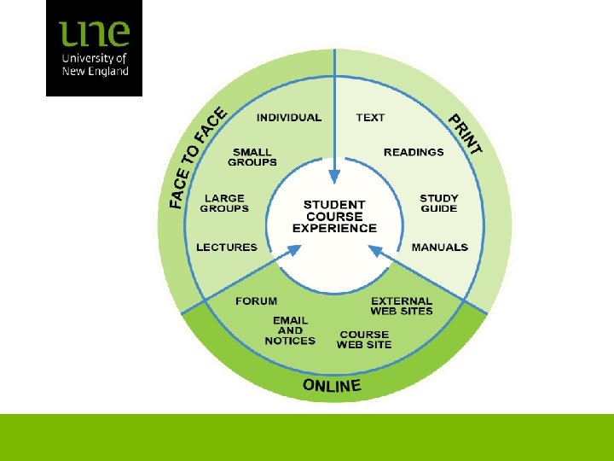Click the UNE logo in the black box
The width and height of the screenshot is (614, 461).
[x=94, y=49]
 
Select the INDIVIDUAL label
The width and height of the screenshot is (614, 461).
[x=289, y=118]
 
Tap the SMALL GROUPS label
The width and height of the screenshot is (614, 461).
[x=252, y=157]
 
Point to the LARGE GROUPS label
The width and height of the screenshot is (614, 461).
[x=224, y=203]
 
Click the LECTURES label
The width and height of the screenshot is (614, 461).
[x=227, y=248]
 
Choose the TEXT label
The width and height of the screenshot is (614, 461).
[x=370, y=118]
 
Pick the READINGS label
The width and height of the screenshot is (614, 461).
[x=414, y=152]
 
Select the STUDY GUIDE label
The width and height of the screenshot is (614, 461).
[x=438, y=203]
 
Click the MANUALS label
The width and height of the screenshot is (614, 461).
[x=439, y=248]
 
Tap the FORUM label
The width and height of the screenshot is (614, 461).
[x=256, y=301]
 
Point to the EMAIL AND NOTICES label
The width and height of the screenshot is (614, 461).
[x=290, y=330]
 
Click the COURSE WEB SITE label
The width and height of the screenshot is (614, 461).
[x=364, y=340]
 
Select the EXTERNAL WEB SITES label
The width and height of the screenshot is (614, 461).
[x=402, y=306]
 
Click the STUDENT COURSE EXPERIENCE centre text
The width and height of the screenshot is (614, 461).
[x=334, y=216]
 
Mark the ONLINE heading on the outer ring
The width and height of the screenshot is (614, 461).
[x=332, y=386]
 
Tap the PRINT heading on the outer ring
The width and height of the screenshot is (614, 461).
[x=466, y=135]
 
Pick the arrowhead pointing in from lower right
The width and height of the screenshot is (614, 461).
[x=374, y=249]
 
